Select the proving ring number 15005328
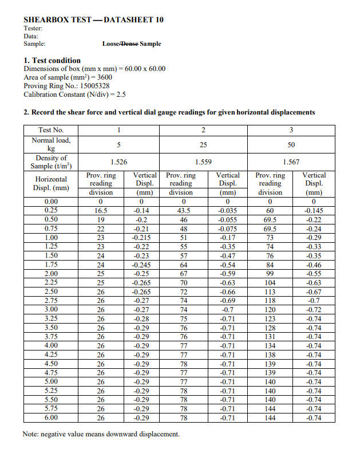tap(94, 86)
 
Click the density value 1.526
tap(118, 162)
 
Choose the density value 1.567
tap(291, 162)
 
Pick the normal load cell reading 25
tap(203, 144)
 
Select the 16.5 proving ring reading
tap(101, 211)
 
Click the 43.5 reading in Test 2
tap(183, 211)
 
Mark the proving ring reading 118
tap(270, 300)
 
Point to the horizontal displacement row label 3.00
tap(51, 309)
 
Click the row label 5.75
tap(51, 409)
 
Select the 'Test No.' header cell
tap(51, 130)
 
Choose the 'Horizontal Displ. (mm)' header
tap(51, 183)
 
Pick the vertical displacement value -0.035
tap(228, 211)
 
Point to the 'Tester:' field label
tap(33, 28)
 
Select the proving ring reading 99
tap(270, 273)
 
